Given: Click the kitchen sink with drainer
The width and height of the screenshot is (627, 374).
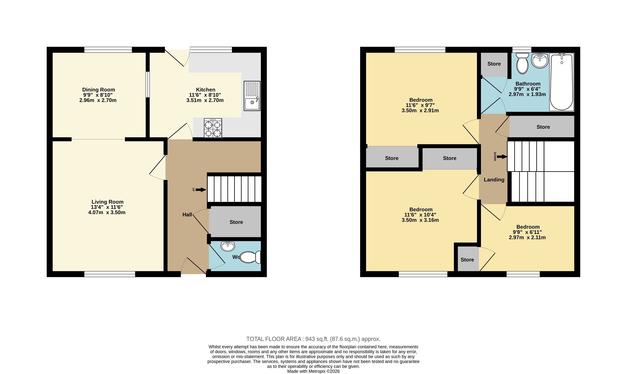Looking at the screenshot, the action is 252,96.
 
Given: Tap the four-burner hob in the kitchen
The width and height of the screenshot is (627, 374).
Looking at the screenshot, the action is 213,128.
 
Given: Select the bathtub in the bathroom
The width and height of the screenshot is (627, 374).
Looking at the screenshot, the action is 562,82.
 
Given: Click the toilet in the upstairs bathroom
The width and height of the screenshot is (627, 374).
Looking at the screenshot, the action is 522,63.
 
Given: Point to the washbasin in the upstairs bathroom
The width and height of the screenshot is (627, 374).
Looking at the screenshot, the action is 540,61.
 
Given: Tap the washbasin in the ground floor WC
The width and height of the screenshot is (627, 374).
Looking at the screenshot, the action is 228,246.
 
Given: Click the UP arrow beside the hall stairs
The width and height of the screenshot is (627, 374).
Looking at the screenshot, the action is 201,190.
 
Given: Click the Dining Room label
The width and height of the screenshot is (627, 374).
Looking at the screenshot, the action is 99,90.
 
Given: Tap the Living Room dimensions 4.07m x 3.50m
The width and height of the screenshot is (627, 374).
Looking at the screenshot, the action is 107,213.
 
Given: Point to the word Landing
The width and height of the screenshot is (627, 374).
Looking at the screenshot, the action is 494,180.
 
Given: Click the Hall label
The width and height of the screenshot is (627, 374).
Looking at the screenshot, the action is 187,215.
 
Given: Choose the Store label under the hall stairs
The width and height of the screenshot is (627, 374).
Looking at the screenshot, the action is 236,222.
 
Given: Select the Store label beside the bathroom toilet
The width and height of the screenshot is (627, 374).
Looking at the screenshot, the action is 494,64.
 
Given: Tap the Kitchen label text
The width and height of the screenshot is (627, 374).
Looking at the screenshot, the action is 206,90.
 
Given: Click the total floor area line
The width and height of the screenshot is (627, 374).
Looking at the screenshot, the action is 313,339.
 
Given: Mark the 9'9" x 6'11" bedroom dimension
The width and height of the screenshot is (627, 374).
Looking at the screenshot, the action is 527,232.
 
